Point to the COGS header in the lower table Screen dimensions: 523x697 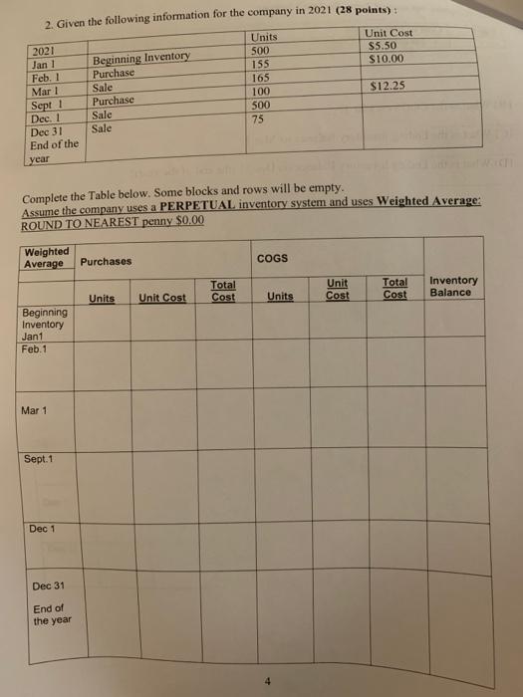(x=271, y=258)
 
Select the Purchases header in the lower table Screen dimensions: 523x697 (x=107, y=262)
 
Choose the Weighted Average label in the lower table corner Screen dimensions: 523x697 (x=46, y=257)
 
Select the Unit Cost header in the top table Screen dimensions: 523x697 (x=389, y=32)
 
